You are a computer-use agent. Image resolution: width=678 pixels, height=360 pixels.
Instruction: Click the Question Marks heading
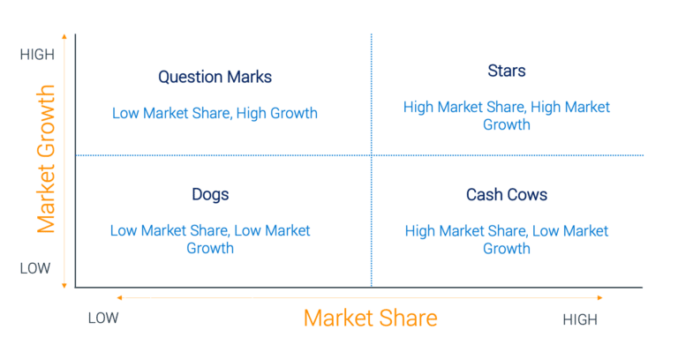tap(215, 77)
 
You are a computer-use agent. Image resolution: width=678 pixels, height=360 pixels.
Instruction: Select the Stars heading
tap(506, 71)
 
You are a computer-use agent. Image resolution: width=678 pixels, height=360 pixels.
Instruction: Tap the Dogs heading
tap(210, 194)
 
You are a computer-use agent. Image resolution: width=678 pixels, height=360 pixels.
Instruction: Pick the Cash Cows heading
tap(507, 194)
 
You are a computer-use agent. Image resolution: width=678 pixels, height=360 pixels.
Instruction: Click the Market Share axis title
tap(370, 318)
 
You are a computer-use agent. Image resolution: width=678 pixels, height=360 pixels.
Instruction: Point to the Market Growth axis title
tap(46, 159)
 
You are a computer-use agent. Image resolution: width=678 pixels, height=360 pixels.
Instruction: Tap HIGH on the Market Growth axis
tap(37, 55)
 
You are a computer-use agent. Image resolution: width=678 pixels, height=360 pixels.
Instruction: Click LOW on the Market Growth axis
tap(35, 268)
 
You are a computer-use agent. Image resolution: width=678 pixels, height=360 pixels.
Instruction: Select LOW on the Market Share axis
tap(103, 319)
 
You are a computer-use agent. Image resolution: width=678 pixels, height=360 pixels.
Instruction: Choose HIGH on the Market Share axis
tap(580, 319)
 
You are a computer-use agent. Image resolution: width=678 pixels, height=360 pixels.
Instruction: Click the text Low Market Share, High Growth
tap(215, 113)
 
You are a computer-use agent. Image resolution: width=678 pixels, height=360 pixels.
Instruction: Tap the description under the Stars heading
tap(506, 116)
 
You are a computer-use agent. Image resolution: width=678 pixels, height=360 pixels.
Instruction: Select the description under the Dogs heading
tap(210, 239)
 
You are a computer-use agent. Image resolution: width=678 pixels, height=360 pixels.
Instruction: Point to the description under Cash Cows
tap(507, 239)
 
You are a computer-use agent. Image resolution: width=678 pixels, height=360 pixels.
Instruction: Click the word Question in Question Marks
tap(188, 77)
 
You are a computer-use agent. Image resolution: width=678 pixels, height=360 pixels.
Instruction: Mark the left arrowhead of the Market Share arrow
tap(118, 298)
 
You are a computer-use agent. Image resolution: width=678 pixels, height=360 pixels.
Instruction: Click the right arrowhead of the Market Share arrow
tap(600, 298)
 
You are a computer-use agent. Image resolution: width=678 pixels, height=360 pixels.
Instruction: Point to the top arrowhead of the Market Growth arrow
tap(64, 38)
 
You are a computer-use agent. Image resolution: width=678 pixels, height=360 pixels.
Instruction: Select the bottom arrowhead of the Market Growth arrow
tap(64, 284)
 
